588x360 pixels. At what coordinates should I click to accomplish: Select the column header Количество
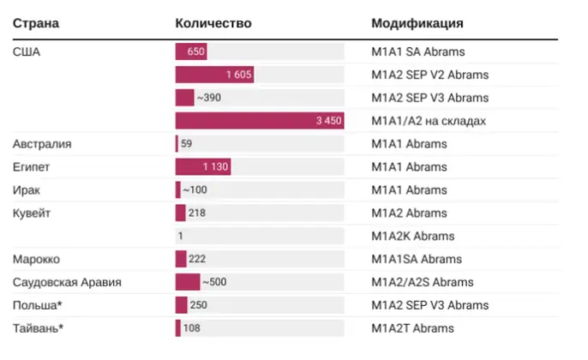pos(213,23)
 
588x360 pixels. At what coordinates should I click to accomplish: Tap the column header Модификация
pos(417,23)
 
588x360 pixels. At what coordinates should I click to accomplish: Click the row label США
pos(27,51)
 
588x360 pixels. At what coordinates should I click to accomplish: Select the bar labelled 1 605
pos(214,75)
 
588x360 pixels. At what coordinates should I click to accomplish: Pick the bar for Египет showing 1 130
pos(202,167)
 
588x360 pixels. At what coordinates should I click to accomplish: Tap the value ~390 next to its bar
pos(208,98)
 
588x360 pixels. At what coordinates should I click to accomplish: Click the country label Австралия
pos(42,144)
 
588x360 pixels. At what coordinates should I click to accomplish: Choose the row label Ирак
pos(27,190)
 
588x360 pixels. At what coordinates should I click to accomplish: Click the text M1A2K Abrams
pos(413,237)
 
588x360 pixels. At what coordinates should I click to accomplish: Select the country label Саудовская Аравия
pos(67,282)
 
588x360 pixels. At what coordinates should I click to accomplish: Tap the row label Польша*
pos(37,305)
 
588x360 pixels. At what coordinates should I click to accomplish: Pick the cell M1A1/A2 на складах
pos(429,121)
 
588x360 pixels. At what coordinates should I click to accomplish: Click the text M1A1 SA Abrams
pos(418,51)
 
